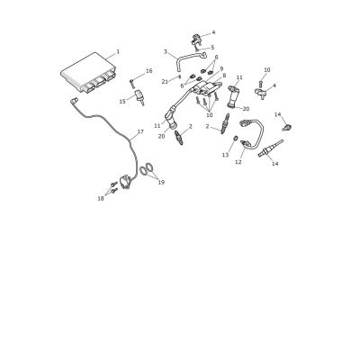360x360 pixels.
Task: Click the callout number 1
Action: [x=118, y=51]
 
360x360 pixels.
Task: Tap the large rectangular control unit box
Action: [x=88, y=73]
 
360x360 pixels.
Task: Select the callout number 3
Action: [x=166, y=51]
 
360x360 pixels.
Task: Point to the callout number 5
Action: [x=212, y=48]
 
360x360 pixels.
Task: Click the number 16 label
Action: [x=149, y=71]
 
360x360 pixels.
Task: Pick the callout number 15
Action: [x=122, y=102]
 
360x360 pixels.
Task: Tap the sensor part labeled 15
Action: [x=140, y=97]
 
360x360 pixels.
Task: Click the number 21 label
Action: [x=165, y=81]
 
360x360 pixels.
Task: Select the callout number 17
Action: [x=140, y=131]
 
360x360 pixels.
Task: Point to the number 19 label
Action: [x=161, y=182]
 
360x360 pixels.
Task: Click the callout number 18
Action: [x=101, y=198]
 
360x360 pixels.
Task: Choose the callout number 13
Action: [x=225, y=155]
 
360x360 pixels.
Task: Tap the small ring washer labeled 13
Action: [x=236, y=139]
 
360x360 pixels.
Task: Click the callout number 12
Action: [x=238, y=162]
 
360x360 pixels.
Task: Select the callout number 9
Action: [x=221, y=68]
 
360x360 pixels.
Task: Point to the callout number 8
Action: [x=224, y=76]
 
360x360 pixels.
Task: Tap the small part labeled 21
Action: [x=179, y=76]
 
